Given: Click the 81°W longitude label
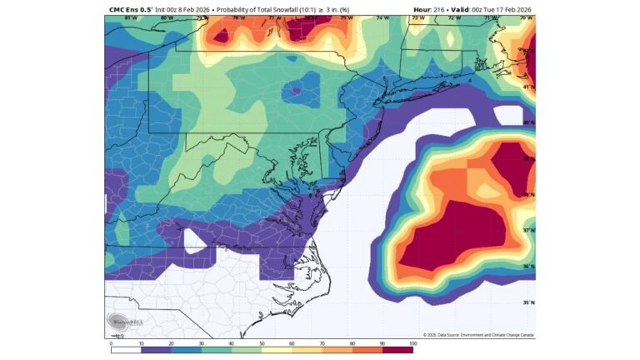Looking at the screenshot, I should click(129, 17).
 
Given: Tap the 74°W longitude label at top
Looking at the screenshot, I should click(382, 17).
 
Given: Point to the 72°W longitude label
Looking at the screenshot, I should click(453, 17).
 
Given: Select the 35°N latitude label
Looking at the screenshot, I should click(527, 302).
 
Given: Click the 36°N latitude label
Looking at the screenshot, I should click(527, 267).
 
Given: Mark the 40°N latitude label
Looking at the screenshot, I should click(527, 122).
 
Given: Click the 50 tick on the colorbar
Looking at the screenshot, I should click(262, 342).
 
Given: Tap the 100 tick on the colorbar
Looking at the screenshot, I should click(412, 342).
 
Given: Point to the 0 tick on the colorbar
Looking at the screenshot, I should click(111, 342).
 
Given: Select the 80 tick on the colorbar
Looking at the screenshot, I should click(352, 342).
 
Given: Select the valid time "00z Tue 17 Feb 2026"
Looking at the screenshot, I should click(497, 9).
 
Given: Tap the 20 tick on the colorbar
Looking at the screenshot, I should click(171, 342).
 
